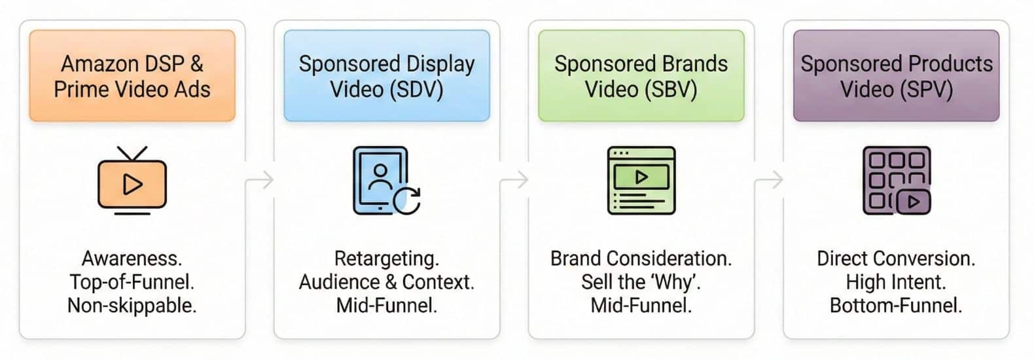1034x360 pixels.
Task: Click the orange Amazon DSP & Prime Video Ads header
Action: pos(132,76)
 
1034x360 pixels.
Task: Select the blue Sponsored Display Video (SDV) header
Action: pos(387,76)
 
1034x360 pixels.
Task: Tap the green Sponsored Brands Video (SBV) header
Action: pos(641,76)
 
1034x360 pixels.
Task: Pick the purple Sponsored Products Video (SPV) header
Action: pos(897,76)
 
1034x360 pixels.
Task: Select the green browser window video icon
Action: pos(641,181)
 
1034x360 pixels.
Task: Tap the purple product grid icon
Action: pos(897,181)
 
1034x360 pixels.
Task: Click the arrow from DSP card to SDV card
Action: pos(260,179)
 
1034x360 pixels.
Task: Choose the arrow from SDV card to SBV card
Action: pos(514,179)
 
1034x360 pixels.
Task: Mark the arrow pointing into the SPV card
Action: pos(769,179)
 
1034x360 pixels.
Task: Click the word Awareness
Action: pos(132,259)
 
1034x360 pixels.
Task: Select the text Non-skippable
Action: pos(132,306)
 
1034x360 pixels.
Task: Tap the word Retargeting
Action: pos(387,259)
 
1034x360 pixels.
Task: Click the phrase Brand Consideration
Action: pos(641,259)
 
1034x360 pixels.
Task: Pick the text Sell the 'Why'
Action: pos(641,282)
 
